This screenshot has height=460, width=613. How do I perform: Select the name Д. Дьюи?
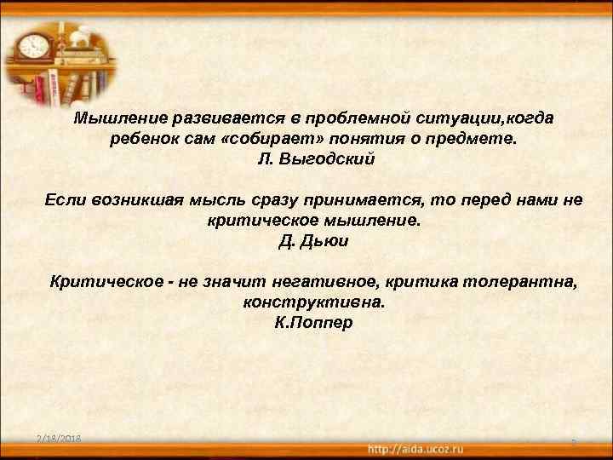coord(314,241)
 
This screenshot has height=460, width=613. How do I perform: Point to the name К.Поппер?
coord(314,323)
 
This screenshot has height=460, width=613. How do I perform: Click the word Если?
coord(65,200)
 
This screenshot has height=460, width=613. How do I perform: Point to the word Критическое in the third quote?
coord(95,282)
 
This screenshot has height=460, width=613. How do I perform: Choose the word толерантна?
coord(533,282)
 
